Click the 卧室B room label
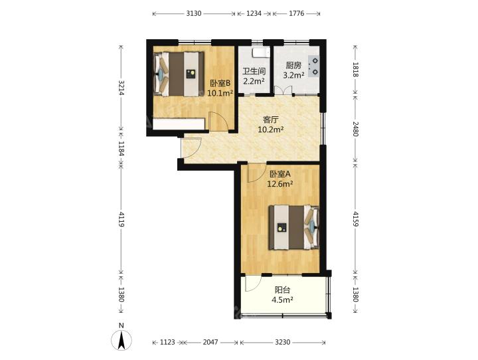(220, 83)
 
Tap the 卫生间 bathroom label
(254, 71)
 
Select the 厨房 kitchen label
(293, 65)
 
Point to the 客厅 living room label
(271, 120)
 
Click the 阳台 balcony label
(282, 290)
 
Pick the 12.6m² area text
(280, 184)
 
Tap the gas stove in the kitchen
(313, 66)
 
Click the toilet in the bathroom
(261, 52)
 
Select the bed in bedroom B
(179, 74)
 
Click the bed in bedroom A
(294, 228)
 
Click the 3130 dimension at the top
(194, 13)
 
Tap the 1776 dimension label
(296, 13)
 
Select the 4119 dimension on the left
(121, 219)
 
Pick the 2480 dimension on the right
(355, 129)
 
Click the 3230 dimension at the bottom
(283, 342)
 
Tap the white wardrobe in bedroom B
(179, 124)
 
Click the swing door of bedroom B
(218, 122)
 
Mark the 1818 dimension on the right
(355, 69)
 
